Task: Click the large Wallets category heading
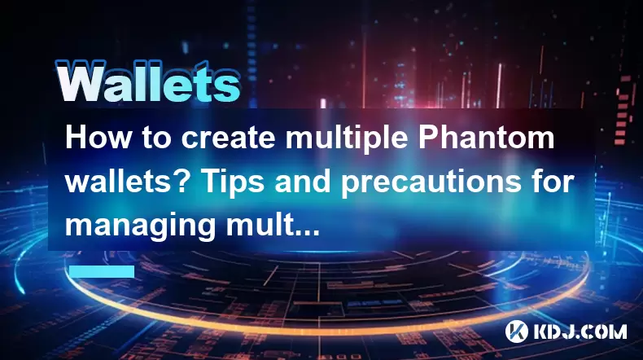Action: (147, 82)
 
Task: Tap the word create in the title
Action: (228, 138)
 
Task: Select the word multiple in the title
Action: (347, 139)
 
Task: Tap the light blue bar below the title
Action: (102, 271)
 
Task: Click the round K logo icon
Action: (517, 331)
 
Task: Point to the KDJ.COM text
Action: (580, 331)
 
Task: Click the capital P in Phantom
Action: (428, 138)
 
